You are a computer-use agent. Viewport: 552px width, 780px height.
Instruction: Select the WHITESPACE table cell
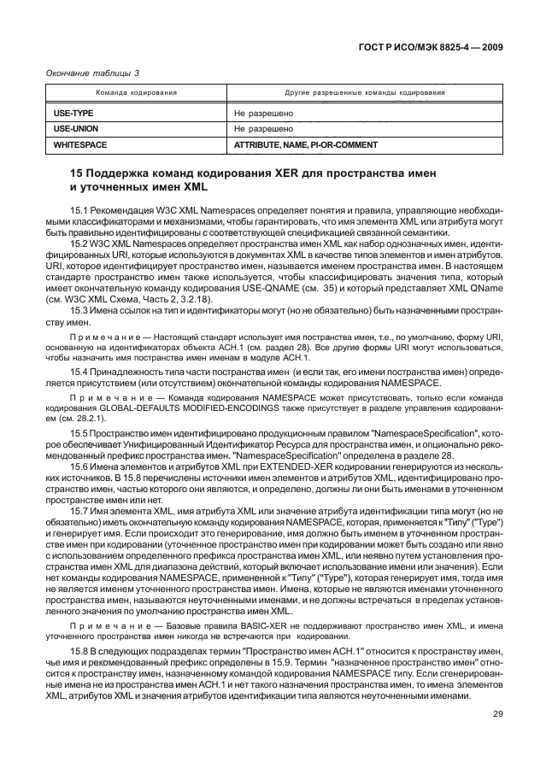[x=80, y=145]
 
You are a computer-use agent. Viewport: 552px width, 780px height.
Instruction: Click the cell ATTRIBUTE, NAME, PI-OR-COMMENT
[x=305, y=145]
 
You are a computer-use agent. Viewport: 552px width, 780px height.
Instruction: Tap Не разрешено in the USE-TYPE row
[x=263, y=112]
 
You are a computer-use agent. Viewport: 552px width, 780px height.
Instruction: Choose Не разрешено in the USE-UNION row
[x=263, y=128]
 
